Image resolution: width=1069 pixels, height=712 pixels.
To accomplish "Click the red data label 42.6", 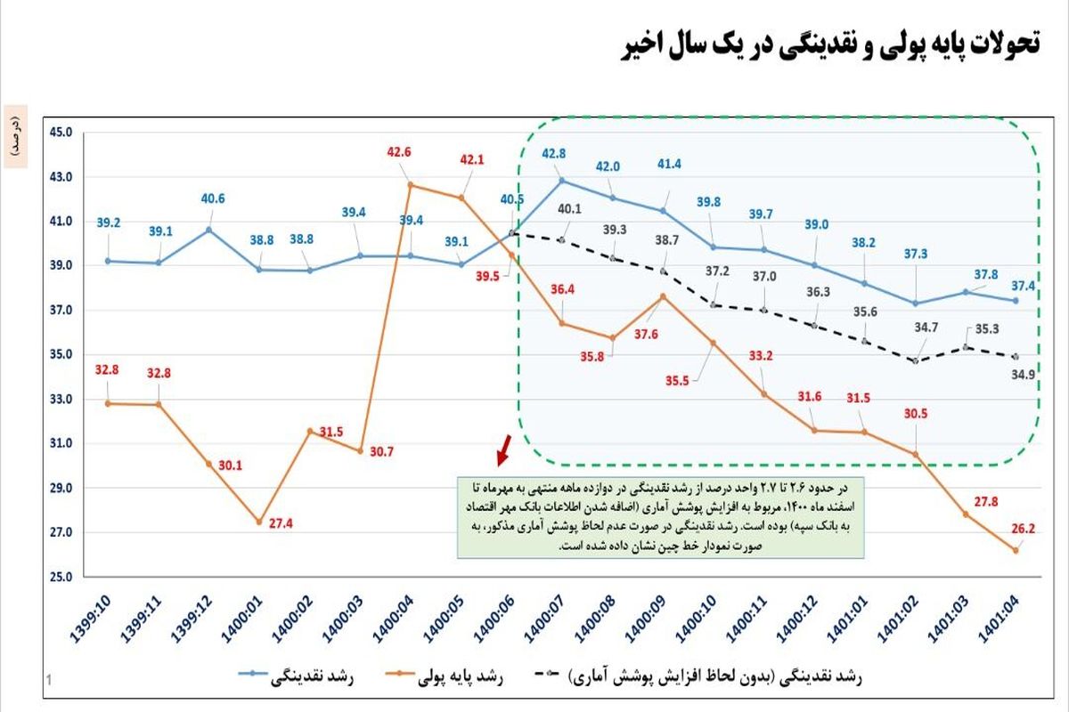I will point(399,152).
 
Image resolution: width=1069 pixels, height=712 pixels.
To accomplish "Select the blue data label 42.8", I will point(554,153).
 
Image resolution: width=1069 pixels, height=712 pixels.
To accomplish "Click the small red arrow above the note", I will point(503,450).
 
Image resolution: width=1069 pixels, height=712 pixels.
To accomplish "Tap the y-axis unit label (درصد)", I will point(15,136).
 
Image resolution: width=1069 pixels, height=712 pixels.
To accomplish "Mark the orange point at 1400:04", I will point(410,185).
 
